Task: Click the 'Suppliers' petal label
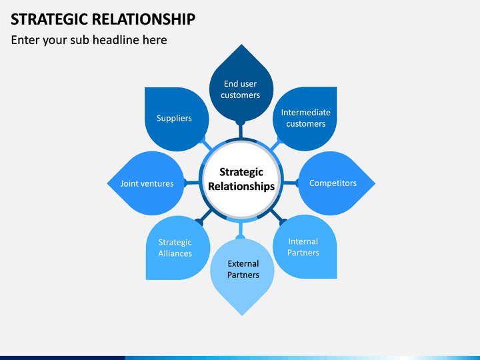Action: pyautogui.click(x=174, y=118)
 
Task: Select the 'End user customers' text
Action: pyautogui.click(x=241, y=89)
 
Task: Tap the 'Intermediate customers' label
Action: pyautogui.click(x=305, y=118)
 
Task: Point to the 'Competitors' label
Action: pyautogui.click(x=333, y=183)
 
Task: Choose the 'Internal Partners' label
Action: pyautogui.click(x=303, y=247)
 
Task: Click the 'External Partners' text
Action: pyautogui.click(x=243, y=269)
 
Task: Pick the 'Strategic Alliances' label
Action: pyautogui.click(x=175, y=247)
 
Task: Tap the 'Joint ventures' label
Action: pyautogui.click(x=147, y=183)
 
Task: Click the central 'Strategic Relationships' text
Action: pyautogui.click(x=241, y=179)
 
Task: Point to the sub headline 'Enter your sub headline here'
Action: pyautogui.click(x=89, y=40)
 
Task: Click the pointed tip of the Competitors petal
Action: pyautogui.click(x=374, y=183)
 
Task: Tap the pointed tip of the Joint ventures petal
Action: pyautogui.click(x=108, y=183)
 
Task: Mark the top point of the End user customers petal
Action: pyautogui.click(x=241, y=45)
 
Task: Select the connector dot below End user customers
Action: pyautogui.click(x=241, y=123)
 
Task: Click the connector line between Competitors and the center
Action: pyautogui.click(x=289, y=183)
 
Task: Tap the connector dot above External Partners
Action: pyautogui.click(x=241, y=236)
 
